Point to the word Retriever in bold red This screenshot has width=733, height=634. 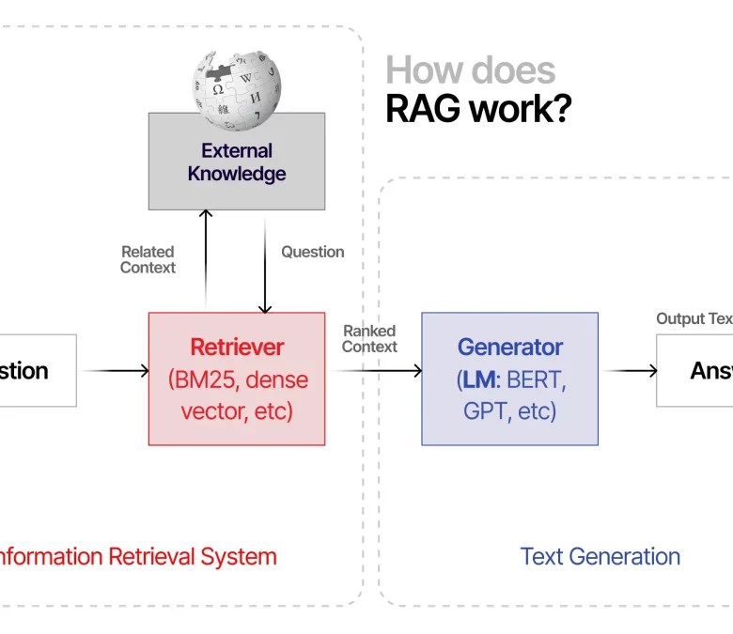click(x=237, y=347)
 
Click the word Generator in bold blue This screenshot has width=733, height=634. click(x=509, y=347)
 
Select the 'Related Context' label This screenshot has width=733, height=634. click(x=148, y=259)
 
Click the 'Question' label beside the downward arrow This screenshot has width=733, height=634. click(x=312, y=252)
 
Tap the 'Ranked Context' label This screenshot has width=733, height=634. click(x=369, y=338)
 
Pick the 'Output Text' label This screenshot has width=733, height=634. click(x=694, y=318)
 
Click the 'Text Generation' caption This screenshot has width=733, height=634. click(x=600, y=556)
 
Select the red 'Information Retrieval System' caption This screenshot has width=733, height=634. click(x=135, y=556)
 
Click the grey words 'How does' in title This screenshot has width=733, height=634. click(x=470, y=70)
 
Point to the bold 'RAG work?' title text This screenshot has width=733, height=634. click(x=477, y=110)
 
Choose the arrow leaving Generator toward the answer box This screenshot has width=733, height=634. click(x=628, y=370)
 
